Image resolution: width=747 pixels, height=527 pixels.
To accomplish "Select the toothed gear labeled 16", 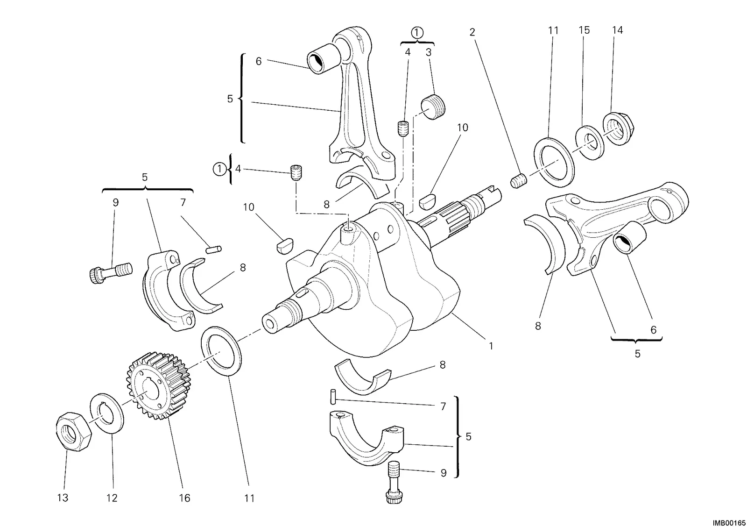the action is coord(158,385).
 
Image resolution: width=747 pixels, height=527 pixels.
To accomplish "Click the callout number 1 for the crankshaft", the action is coord(491,346).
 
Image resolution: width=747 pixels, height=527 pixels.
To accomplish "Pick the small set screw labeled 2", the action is coord(518,181).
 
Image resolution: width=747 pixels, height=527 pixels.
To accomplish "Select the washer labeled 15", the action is coord(590,142).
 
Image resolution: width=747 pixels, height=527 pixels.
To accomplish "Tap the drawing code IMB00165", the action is coord(729,523).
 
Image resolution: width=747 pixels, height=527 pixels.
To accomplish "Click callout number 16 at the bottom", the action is coord(184,498).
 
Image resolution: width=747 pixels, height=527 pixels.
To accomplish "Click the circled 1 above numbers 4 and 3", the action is coord(417,32).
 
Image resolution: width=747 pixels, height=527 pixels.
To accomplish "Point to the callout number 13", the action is coord(63,498).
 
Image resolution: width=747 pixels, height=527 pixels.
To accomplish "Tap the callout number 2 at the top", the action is coord(472,32).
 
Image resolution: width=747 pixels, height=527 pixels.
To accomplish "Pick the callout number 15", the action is coord(584,30).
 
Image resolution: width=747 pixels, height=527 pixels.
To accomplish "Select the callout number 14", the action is coord(617,30).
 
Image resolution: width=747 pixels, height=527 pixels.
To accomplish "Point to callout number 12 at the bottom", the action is coord(112,498).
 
